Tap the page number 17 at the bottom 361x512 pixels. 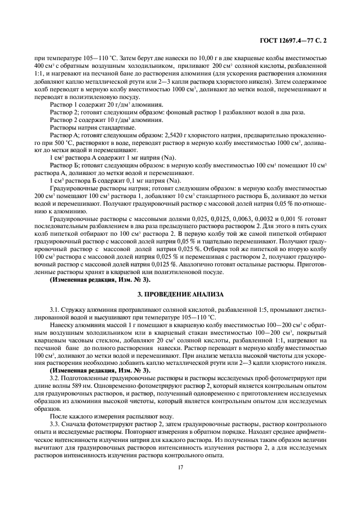click(x=180, y=467)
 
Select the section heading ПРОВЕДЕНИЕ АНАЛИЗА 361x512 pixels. click(x=180, y=294)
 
